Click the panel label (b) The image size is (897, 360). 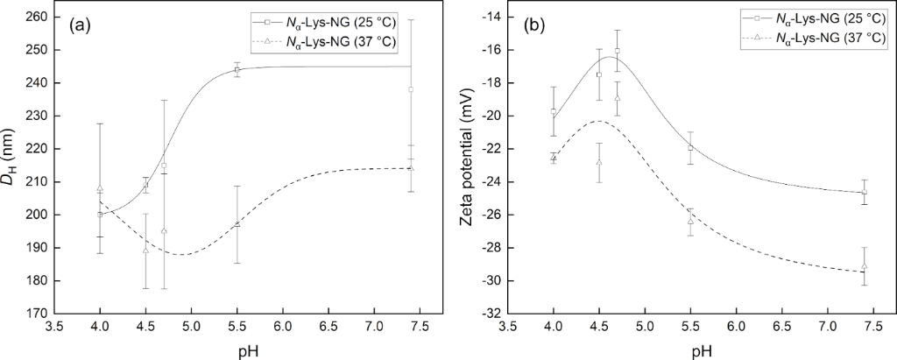click(536, 25)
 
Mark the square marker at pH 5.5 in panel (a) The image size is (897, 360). click(237, 69)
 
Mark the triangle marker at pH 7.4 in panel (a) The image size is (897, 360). click(410, 167)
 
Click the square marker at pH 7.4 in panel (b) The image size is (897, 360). click(865, 192)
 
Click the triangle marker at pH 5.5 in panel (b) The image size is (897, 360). click(691, 222)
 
